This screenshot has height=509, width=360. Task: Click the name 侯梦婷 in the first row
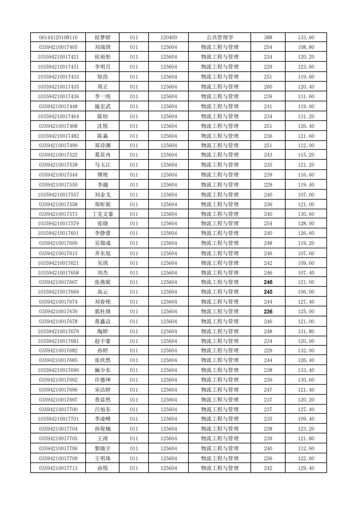103,38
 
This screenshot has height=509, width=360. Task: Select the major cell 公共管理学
220,38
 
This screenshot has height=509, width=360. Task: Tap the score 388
268,38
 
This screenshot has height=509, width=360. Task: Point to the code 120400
169,38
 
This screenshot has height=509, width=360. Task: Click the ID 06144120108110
58,38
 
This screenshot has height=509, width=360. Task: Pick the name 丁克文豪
103,214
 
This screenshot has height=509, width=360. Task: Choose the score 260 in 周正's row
268,87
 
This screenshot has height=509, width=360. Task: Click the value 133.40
306,370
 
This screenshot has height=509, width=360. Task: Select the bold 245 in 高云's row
268,292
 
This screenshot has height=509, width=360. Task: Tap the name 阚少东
103,370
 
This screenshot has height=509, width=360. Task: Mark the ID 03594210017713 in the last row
58,468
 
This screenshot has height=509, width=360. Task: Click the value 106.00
306,292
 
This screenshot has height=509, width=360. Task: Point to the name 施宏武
103,106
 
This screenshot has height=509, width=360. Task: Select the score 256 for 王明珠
268,458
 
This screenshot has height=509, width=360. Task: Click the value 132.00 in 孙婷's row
306,351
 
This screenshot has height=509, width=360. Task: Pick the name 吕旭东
103,409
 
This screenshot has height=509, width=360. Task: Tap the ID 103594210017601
58,233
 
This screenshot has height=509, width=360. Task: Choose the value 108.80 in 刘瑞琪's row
306,47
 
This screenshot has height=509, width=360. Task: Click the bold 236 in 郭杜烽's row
268,312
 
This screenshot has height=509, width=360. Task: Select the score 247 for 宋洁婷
268,390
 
